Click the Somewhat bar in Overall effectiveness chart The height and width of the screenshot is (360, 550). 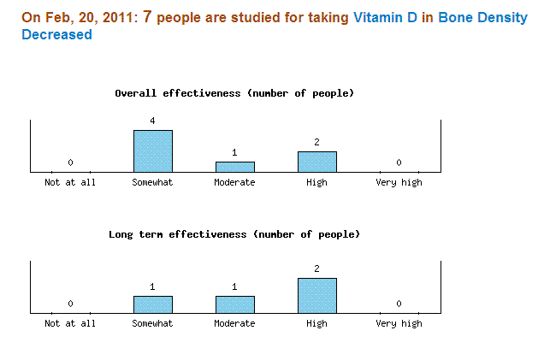click(152, 151)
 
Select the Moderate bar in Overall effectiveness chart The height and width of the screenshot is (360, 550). click(234, 167)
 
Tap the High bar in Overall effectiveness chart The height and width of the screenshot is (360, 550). click(316, 162)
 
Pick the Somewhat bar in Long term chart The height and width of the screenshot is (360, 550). click(152, 304)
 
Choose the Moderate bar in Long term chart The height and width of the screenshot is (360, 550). click(234, 304)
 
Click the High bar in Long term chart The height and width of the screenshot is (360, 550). click(316, 296)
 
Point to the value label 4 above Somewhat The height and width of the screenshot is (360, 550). click(152, 121)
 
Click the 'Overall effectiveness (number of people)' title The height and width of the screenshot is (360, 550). click(234, 93)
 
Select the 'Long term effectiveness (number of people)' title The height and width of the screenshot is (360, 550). click(234, 234)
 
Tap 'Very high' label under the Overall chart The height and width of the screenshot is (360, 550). click(399, 183)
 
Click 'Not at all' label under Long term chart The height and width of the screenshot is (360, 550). click(70, 324)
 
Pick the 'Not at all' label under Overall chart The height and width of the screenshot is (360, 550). click(70, 183)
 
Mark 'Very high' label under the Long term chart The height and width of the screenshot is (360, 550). click(399, 324)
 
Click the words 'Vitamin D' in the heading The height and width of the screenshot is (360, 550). click(385, 18)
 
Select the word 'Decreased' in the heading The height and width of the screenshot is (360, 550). click(56, 35)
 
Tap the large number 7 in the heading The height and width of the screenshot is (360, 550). click(147, 17)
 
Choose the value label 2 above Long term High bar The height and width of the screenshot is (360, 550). click(316, 269)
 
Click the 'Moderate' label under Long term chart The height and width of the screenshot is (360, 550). click(234, 324)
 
